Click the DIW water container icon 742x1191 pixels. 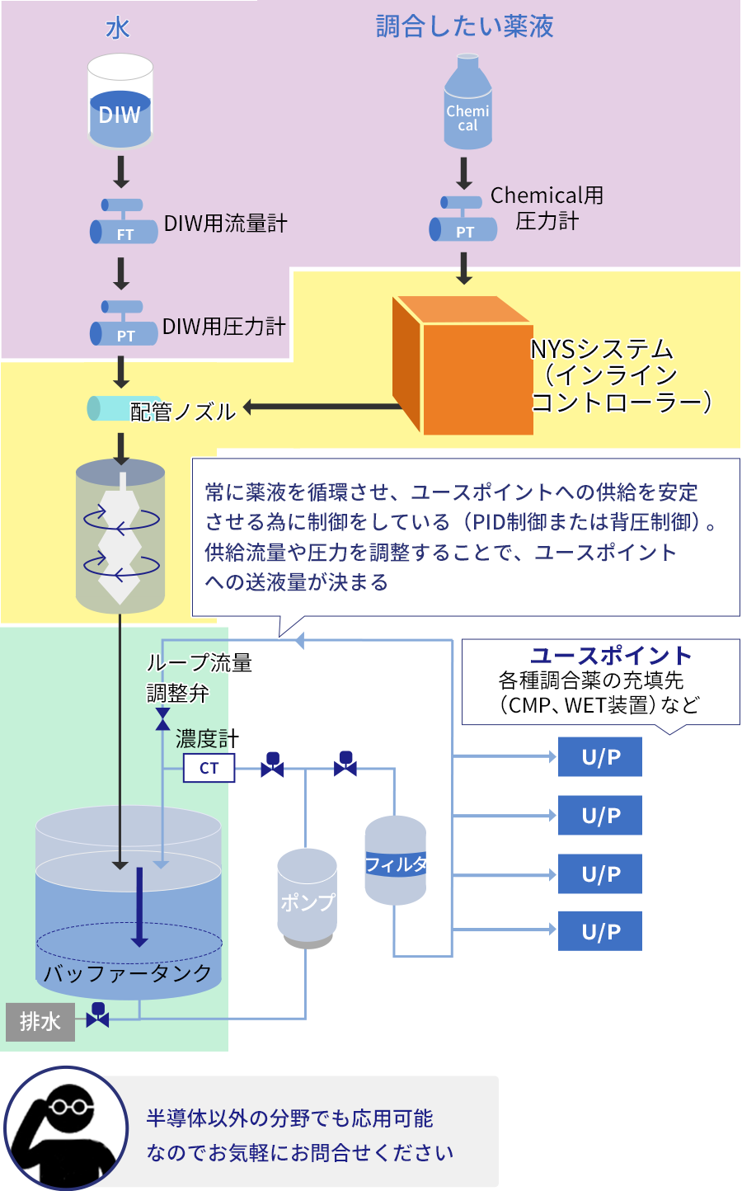[120, 101]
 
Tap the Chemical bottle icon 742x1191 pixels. [467, 103]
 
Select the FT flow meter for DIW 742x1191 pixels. [124, 223]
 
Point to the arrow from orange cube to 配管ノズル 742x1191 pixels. [322, 407]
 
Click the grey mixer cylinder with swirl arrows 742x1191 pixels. [120, 536]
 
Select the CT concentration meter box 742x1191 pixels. [209, 769]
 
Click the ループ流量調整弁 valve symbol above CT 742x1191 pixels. [162, 719]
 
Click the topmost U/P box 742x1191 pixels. [600, 757]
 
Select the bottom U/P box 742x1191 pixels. [600, 931]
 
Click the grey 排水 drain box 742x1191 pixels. [40, 1022]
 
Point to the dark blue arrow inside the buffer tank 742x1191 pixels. [139, 907]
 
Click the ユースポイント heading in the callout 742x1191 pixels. [610, 656]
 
